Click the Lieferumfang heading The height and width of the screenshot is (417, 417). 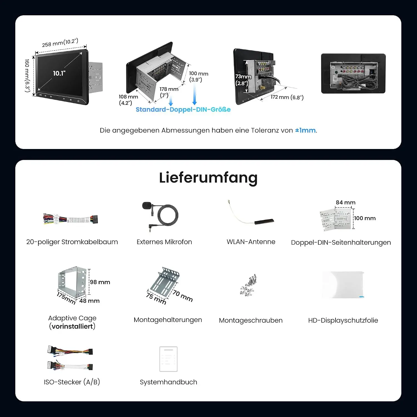coord(208,178)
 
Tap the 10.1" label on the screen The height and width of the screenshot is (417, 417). coord(59,73)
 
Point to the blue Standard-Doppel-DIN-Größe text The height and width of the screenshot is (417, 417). coord(183,110)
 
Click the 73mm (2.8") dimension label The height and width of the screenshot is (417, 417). coord(243,80)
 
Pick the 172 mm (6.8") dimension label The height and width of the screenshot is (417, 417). coord(287,97)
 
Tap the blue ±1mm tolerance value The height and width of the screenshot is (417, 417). coord(305,130)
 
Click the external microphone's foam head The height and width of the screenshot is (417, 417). coord(147,206)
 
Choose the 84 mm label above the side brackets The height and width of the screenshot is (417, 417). coord(346,202)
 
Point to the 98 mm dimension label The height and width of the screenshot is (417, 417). coord(100,282)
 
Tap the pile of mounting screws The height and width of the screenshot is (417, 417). coord(248,285)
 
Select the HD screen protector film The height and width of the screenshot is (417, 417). coord(343,285)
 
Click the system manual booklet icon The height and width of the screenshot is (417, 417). coord(168,359)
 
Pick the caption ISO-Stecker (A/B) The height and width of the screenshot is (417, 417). coord(72,382)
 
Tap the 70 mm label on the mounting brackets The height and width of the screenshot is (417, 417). coord(183,296)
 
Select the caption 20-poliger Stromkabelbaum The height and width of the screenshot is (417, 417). coord(72,242)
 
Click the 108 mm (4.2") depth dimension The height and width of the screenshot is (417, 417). coord(128,100)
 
